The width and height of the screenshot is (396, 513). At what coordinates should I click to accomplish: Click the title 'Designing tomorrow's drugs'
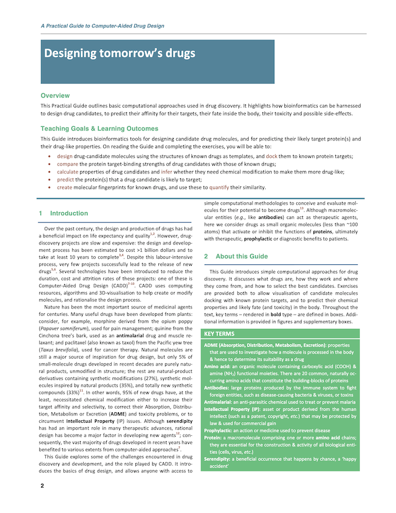click(120, 53)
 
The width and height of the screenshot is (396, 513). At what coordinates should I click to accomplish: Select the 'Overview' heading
click(55, 96)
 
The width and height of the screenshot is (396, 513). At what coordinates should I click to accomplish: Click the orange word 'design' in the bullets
click(65, 156)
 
